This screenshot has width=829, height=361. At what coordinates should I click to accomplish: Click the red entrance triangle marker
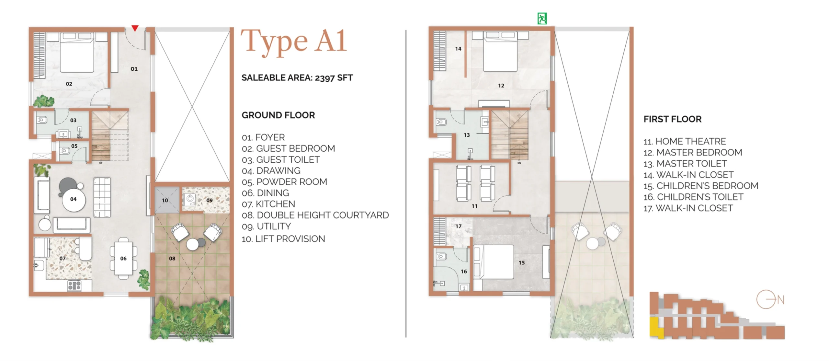[x=135, y=28]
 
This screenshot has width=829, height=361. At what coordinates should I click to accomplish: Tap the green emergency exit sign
[x=542, y=18]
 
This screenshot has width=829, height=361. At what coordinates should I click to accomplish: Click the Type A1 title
[x=294, y=41]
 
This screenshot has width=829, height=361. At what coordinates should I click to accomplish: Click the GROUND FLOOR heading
[x=278, y=115]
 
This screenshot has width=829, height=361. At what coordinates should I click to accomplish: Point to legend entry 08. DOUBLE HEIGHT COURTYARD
[x=315, y=215]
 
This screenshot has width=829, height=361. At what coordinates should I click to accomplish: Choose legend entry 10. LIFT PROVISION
[x=283, y=239]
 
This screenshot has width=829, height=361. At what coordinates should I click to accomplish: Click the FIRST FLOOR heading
[x=672, y=119]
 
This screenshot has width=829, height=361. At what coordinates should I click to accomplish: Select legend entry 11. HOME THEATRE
[x=684, y=141]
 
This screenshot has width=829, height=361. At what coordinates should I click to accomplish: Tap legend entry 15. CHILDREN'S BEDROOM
[x=701, y=186]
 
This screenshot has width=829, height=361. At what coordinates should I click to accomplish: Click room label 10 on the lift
[x=165, y=200]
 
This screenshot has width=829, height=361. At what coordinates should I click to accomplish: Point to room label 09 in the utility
[x=210, y=200]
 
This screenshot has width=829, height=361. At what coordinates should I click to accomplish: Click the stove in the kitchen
[x=74, y=285]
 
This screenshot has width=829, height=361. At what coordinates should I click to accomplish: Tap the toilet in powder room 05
[x=65, y=151]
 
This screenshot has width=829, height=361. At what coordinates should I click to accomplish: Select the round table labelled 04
[x=74, y=200]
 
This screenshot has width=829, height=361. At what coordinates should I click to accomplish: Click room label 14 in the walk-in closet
[x=458, y=49]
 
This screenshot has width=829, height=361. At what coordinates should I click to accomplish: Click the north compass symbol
[x=770, y=299]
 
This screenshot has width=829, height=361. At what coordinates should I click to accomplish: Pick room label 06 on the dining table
[x=123, y=258]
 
